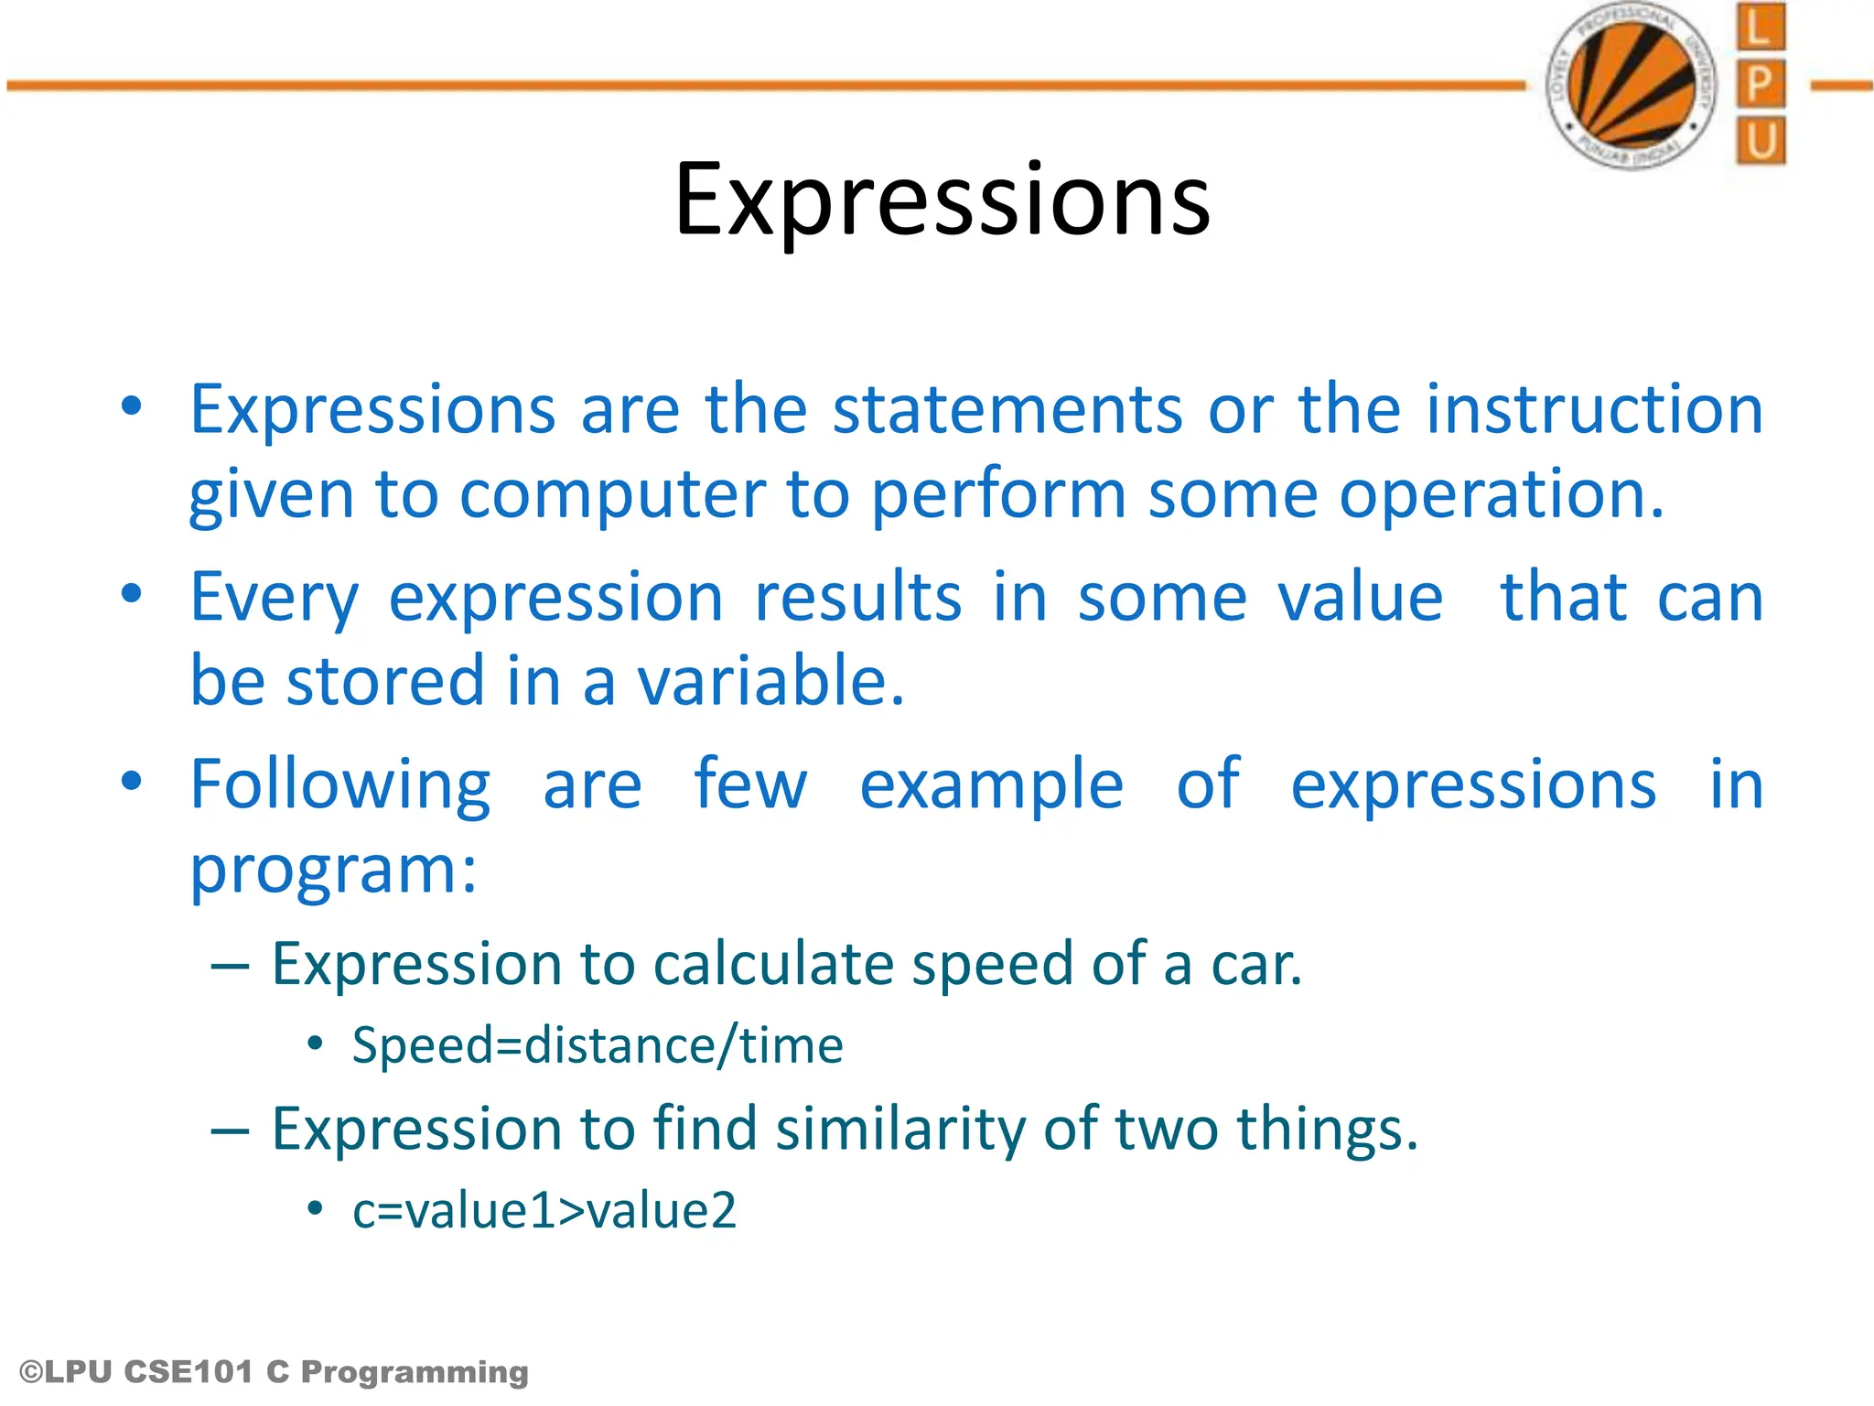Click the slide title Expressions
click(942, 200)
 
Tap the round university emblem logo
click(1631, 85)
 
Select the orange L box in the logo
click(1760, 27)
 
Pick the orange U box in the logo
click(1760, 141)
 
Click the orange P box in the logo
click(1760, 84)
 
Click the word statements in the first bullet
click(1007, 409)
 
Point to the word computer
click(612, 494)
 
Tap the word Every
click(275, 598)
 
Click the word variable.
click(770, 682)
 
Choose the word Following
click(340, 785)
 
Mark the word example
click(991, 785)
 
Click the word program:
click(333, 870)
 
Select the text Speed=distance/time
click(597, 1045)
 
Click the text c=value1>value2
click(544, 1210)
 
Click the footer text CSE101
click(187, 1372)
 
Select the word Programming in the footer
click(415, 1372)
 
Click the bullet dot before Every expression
click(132, 594)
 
